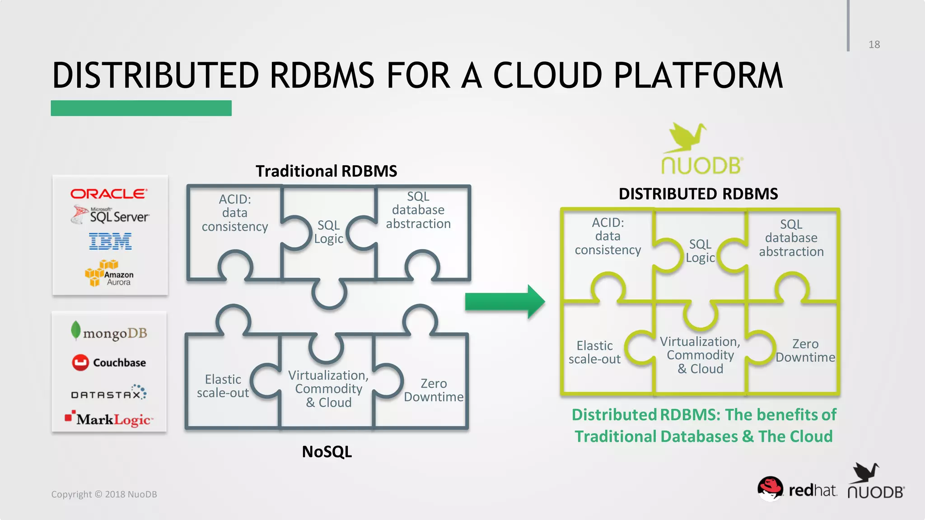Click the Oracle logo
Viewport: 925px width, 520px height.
tap(108, 194)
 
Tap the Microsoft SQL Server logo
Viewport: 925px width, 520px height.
tap(110, 215)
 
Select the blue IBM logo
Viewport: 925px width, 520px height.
tap(110, 241)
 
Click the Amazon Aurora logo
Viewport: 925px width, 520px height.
tap(109, 274)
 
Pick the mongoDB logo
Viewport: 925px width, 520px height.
tap(109, 332)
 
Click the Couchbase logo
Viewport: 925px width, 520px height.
tap(109, 362)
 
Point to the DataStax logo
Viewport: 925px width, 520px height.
tap(109, 393)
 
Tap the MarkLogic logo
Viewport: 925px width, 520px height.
tap(109, 419)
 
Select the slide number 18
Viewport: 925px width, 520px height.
tap(874, 45)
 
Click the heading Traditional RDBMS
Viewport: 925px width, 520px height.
tap(326, 171)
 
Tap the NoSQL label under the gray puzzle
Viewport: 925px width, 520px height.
tap(327, 451)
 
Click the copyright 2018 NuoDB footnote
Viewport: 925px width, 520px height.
tap(104, 494)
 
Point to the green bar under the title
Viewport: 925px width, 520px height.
tap(141, 108)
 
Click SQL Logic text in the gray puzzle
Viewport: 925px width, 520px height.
tap(328, 232)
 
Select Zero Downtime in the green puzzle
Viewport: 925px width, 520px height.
tap(805, 351)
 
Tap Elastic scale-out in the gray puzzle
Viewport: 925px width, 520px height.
tap(223, 386)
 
